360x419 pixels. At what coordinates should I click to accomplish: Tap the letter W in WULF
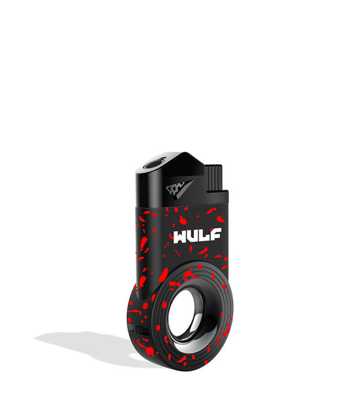click(181, 237)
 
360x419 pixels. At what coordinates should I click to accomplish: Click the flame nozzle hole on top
click(155, 162)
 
